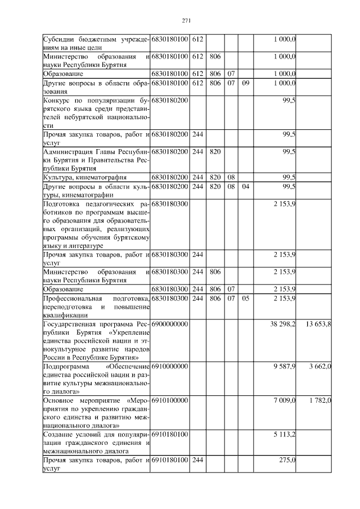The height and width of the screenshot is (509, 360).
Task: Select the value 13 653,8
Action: [x=318, y=325]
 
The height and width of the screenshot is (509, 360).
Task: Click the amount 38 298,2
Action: [x=283, y=325]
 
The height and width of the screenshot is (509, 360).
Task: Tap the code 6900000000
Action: [x=169, y=325]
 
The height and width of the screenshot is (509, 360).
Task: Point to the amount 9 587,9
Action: [x=285, y=366]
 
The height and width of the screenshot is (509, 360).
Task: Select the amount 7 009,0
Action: [x=285, y=400]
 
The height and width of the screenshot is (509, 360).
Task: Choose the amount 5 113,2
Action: [x=285, y=434]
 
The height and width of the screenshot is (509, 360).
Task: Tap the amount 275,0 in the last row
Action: [x=287, y=460]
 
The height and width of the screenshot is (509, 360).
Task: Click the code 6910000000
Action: [x=169, y=366]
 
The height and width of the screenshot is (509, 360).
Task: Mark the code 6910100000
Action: [x=169, y=400]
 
